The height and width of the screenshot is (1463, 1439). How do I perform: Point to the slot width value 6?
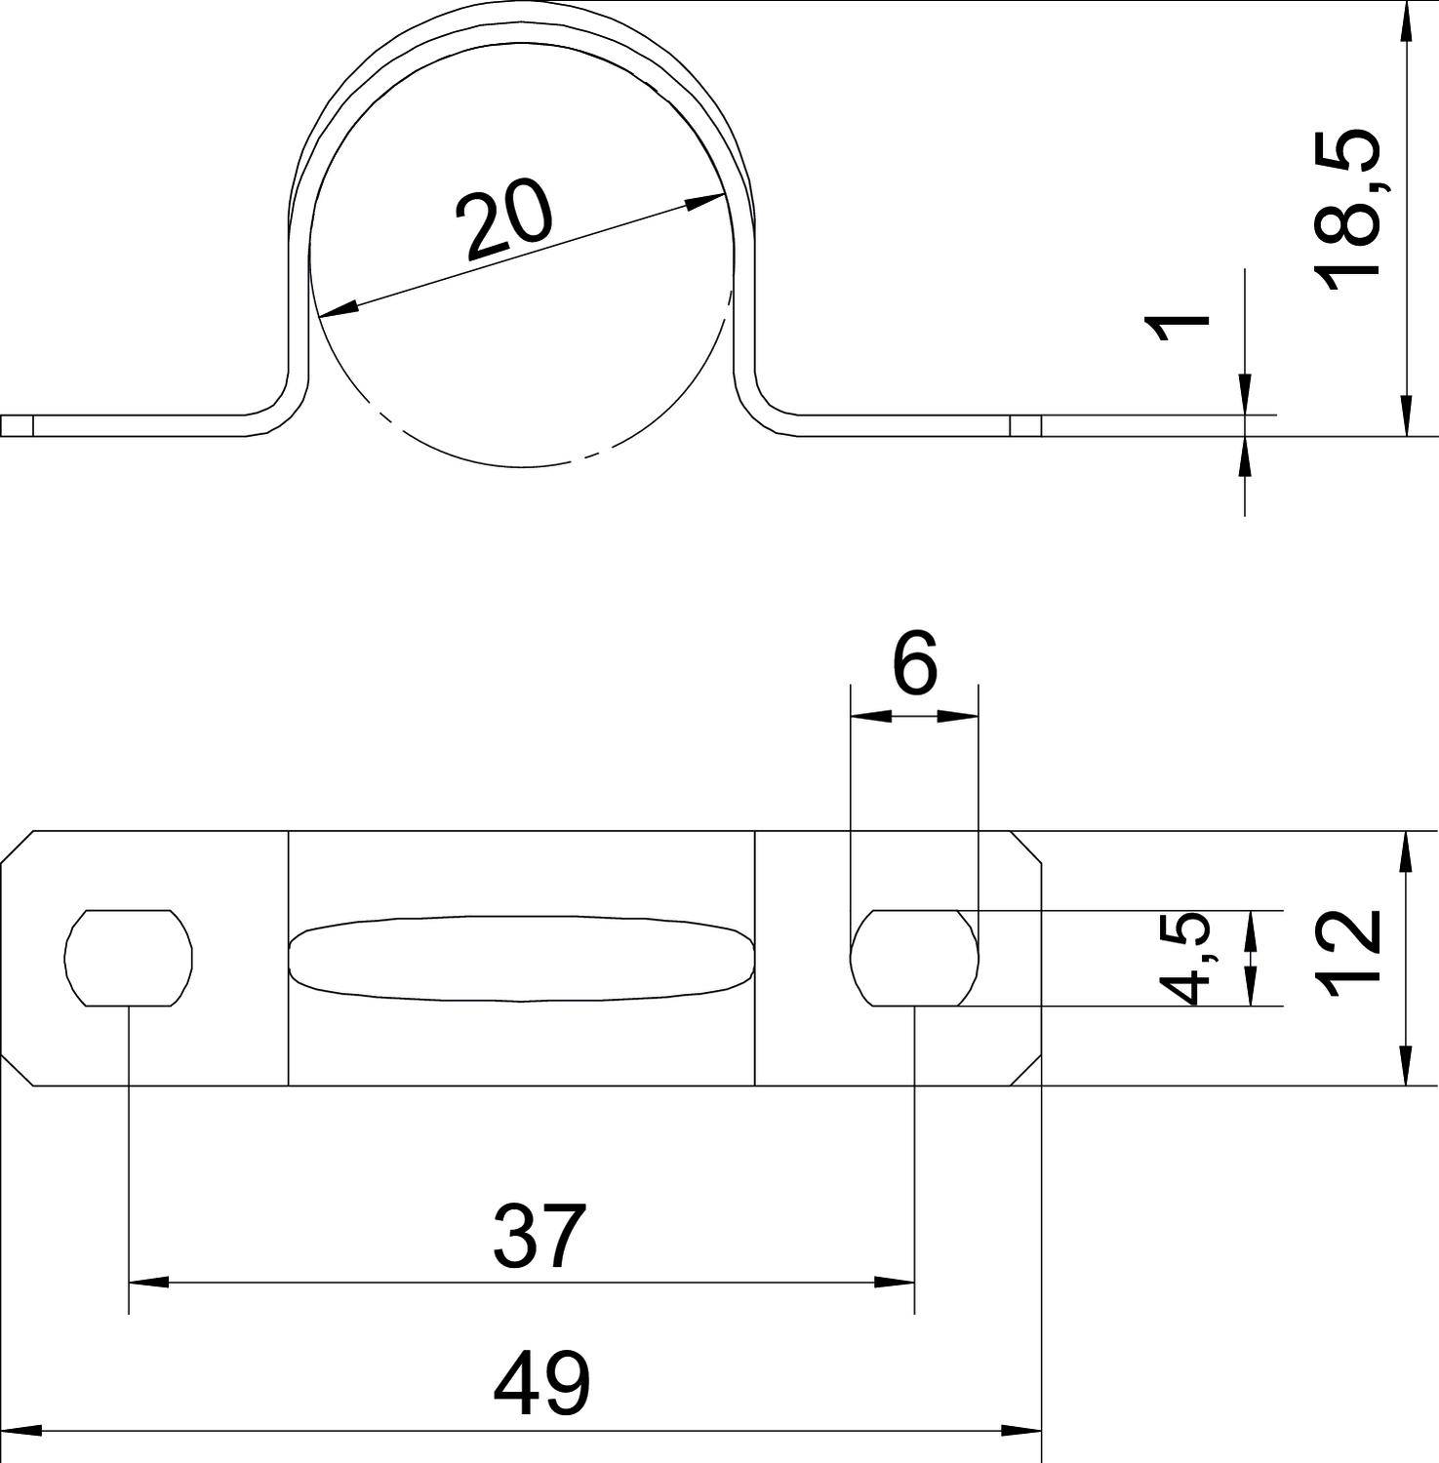[914, 662]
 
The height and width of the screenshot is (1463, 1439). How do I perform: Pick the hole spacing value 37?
[540, 1236]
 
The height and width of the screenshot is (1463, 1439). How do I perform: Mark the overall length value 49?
[541, 1383]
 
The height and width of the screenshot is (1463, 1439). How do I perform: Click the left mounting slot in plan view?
[129, 958]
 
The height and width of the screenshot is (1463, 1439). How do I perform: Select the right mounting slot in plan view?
[914, 958]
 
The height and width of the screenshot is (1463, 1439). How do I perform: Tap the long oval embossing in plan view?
[522, 958]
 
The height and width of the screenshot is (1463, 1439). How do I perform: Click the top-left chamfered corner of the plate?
[18, 848]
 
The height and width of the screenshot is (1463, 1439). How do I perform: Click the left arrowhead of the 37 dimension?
[146, 1282]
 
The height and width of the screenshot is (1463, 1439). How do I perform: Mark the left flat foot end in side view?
[18, 426]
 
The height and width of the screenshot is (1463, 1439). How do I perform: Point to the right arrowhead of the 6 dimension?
[959, 716]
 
